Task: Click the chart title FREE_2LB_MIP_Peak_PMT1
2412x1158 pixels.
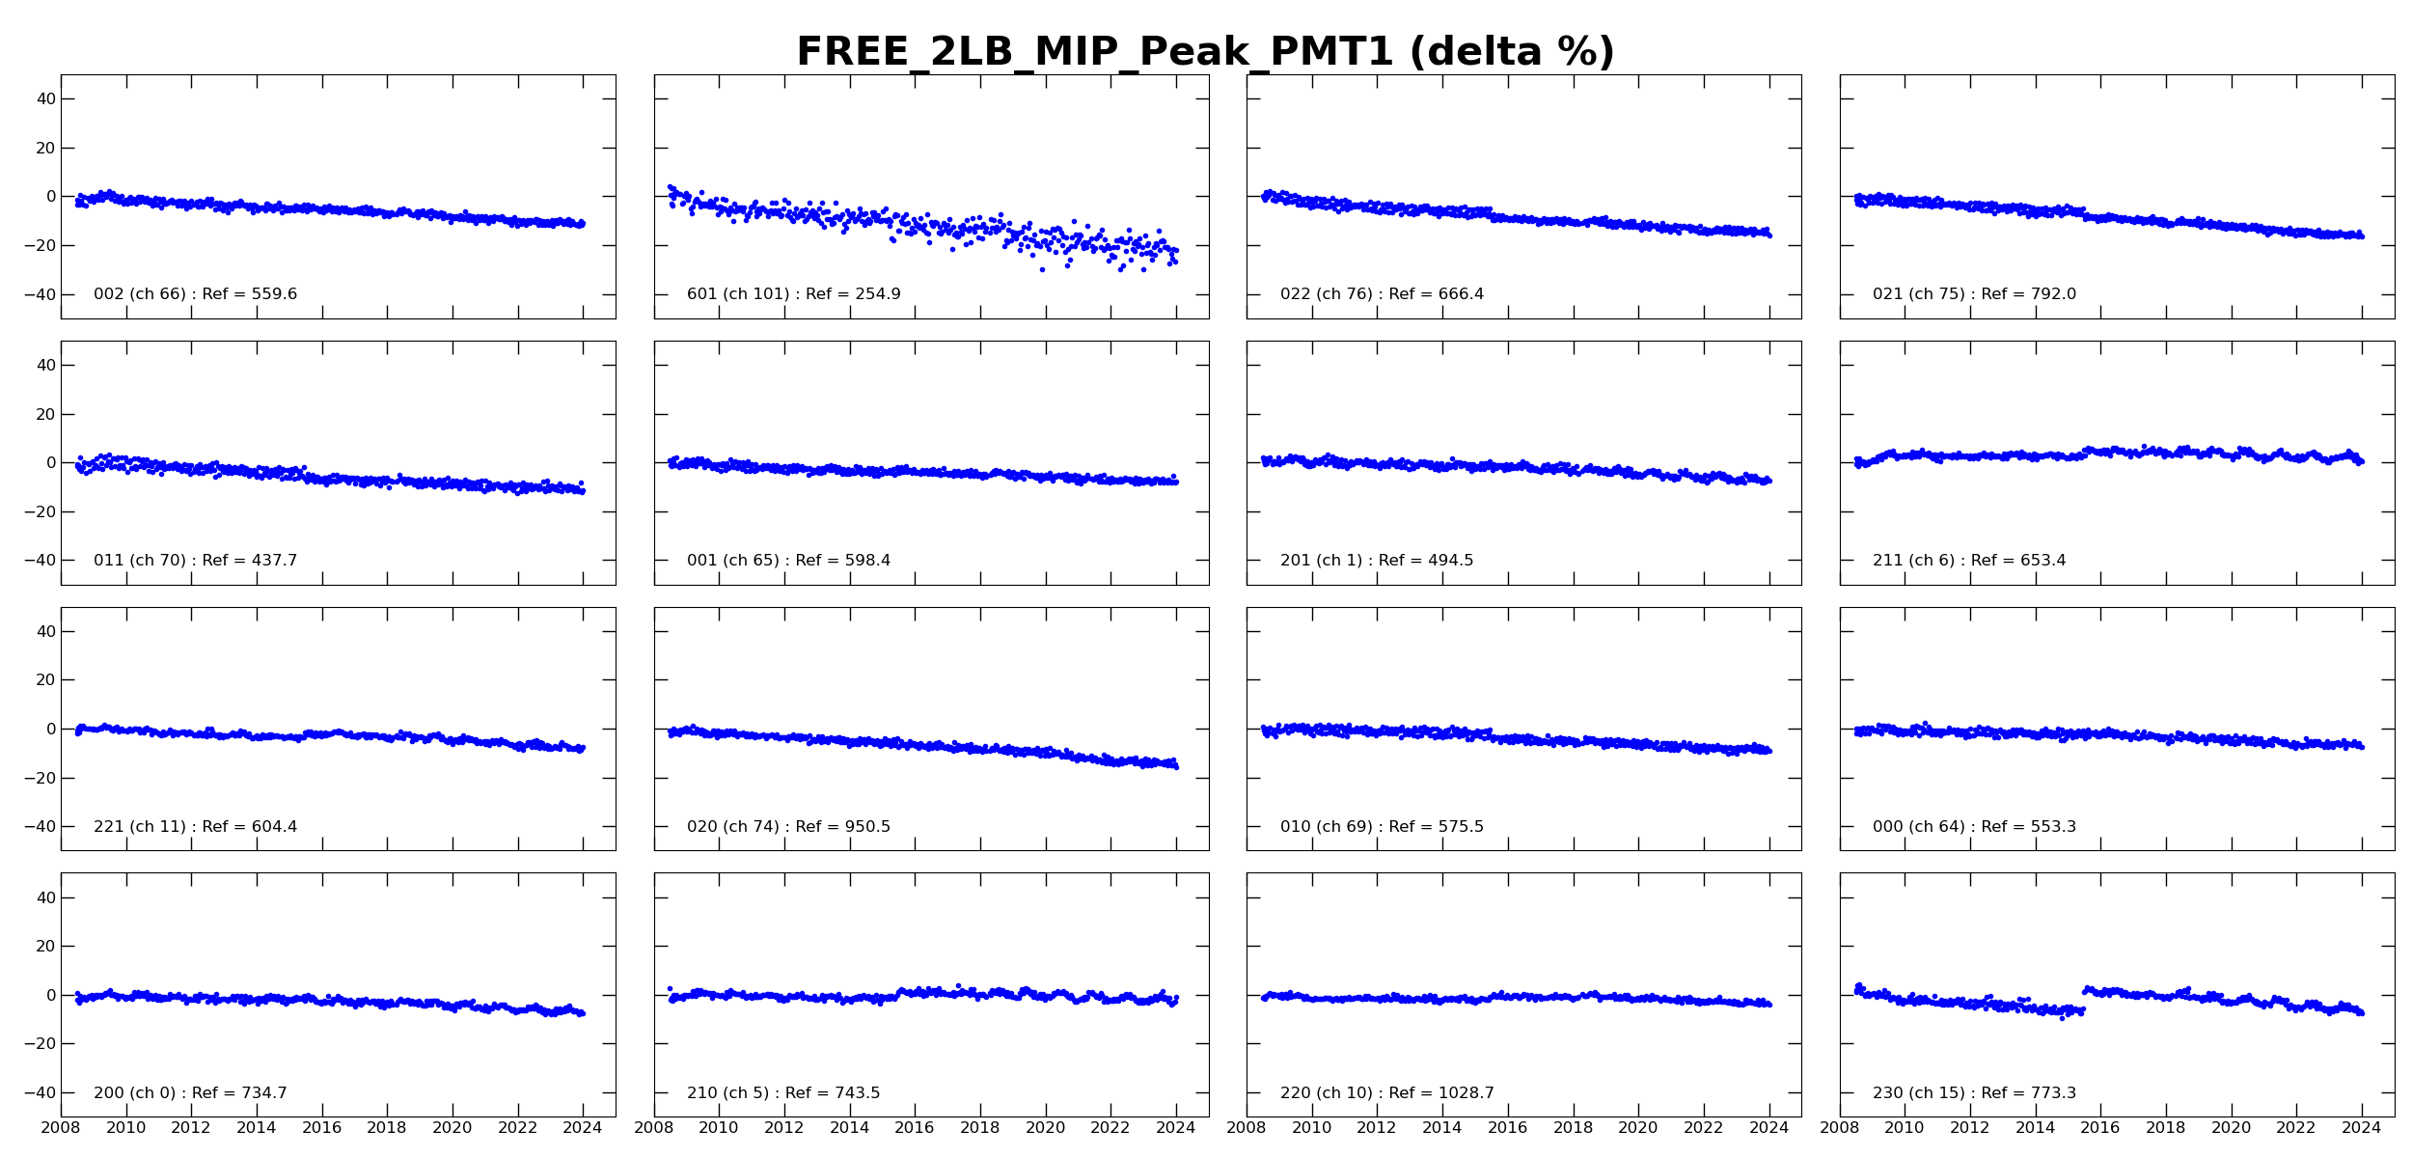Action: tap(1095, 52)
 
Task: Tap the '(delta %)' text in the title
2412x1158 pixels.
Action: tap(1512, 52)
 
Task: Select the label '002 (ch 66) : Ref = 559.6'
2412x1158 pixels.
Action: tap(195, 294)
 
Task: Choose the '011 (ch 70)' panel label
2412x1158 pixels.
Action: tap(140, 561)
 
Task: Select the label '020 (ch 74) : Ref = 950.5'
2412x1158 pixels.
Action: tap(788, 827)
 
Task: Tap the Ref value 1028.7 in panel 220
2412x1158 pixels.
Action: tap(1468, 1093)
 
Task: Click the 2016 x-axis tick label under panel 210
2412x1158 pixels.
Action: tap(915, 1128)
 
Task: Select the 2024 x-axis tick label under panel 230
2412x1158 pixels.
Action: tap(2362, 1128)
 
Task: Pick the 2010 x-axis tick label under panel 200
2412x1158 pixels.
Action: tap(125, 1128)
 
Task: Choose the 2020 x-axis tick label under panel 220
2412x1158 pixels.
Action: tap(1638, 1128)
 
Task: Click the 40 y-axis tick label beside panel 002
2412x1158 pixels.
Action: tap(45, 99)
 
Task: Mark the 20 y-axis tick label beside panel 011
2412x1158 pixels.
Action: tap(45, 415)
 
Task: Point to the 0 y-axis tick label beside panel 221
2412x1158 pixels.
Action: tap(51, 730)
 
